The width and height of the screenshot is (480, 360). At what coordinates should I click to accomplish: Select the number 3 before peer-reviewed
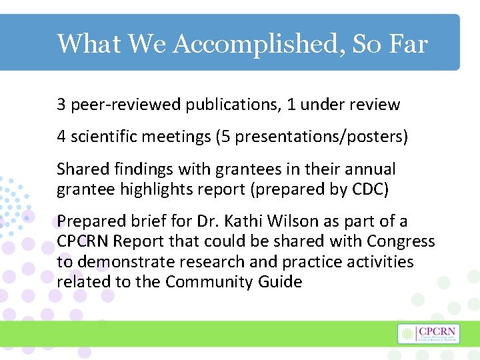pyautogui.click(x=61, y=105)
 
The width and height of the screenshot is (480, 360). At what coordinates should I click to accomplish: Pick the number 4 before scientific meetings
pyautogui.click(x=61, y=137)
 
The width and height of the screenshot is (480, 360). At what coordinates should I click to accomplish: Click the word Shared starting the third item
pyautogui.click(x=79, y=169)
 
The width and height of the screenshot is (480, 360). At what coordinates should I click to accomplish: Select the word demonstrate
pyautogui.click(x=127, y=261)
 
